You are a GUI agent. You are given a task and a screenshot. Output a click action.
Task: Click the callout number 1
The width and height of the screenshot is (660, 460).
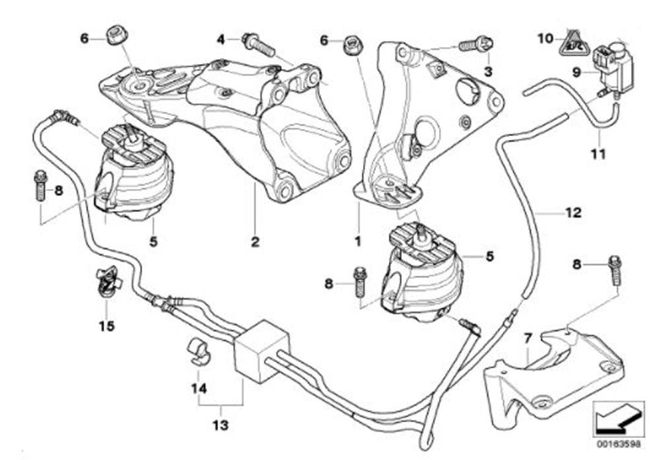point(357,242)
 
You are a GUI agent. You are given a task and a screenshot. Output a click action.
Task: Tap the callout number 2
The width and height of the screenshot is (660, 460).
point(255,242)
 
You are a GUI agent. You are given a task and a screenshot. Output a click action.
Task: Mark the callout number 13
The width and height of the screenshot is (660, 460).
point(220,426)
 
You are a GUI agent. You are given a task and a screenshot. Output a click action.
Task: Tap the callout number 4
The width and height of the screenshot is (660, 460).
point(221,40)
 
